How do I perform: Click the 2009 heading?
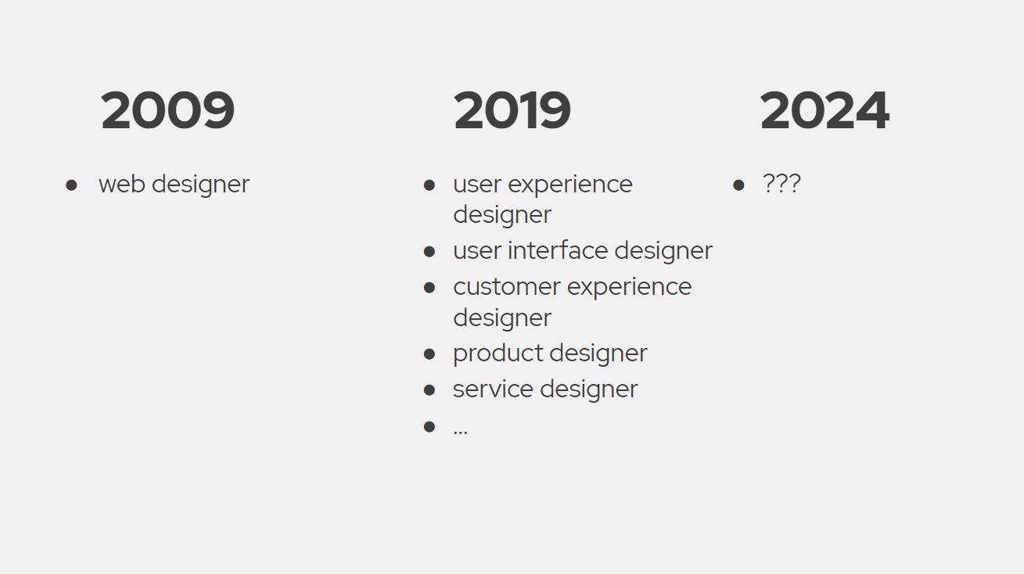point(167,110)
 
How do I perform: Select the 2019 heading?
point(512,110)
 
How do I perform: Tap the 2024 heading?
point(824,110)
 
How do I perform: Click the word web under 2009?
point(121,185)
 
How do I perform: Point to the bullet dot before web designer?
point(72,185)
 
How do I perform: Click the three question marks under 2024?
point(781,185)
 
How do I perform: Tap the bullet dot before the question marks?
point(738,185)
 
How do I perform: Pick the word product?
point(490,353)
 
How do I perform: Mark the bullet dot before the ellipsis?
point(429,426)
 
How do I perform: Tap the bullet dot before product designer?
point(429,354)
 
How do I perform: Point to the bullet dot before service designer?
point(429,389)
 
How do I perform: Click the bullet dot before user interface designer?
point(429,252)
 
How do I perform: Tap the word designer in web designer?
point(200,185)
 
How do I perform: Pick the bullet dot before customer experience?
point(429,288)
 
